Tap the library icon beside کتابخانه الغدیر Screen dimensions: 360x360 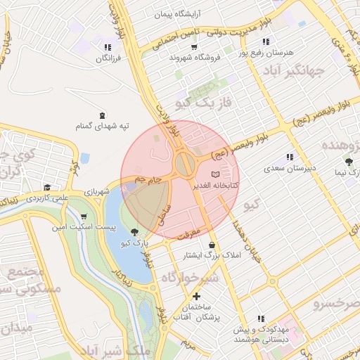click(x=216, y=174)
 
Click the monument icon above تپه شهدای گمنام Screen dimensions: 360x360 click(x=103, y=115)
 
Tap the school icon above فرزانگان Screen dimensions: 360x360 click(x=107, y=48)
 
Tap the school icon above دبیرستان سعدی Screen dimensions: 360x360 click(x=289, y=157)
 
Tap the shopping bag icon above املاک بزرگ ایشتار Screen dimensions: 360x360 click(x=210, y=245)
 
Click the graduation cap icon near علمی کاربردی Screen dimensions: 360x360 click(x=46, y=188)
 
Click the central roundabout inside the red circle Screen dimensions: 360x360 click(x=185, y=166)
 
